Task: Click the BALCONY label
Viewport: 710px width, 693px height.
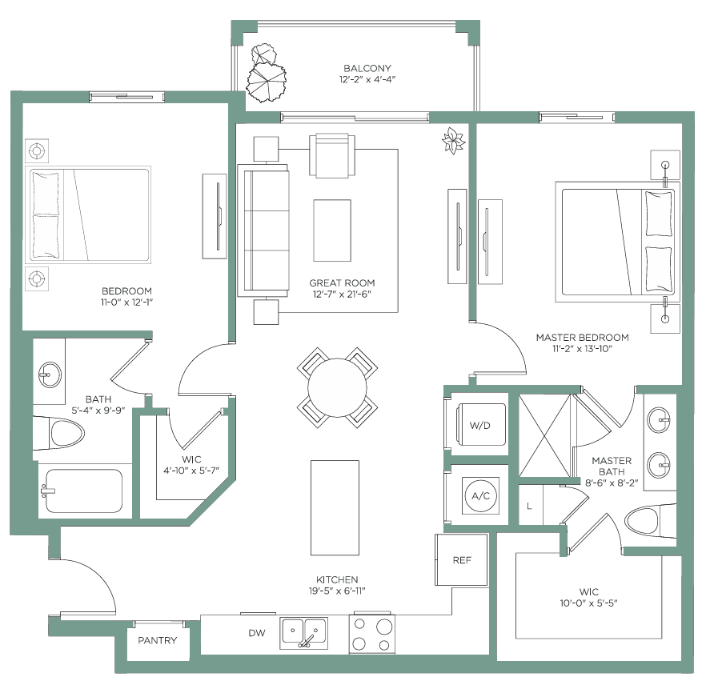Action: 367,68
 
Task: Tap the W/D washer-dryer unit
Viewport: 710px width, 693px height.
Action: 480,425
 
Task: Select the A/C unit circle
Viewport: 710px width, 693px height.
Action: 480,495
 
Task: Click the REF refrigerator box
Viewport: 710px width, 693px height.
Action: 461,560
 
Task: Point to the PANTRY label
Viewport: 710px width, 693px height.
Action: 157,640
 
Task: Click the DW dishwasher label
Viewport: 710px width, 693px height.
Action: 257,633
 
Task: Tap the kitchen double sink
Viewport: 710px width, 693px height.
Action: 303,632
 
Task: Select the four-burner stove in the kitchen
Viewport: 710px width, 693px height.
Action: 371,634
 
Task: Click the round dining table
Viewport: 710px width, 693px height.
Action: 337,388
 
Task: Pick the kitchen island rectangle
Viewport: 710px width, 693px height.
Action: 335,508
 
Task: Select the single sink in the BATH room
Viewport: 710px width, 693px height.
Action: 50,375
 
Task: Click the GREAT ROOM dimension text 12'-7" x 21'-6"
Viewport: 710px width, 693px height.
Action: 342,294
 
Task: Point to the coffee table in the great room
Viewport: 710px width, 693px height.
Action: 332,230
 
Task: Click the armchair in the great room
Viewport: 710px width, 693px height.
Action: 332,155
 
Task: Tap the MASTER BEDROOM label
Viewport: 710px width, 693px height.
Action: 582,337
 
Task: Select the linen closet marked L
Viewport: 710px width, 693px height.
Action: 530,505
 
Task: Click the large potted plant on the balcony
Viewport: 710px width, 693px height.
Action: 267,82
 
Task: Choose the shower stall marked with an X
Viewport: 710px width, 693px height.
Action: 544,435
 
